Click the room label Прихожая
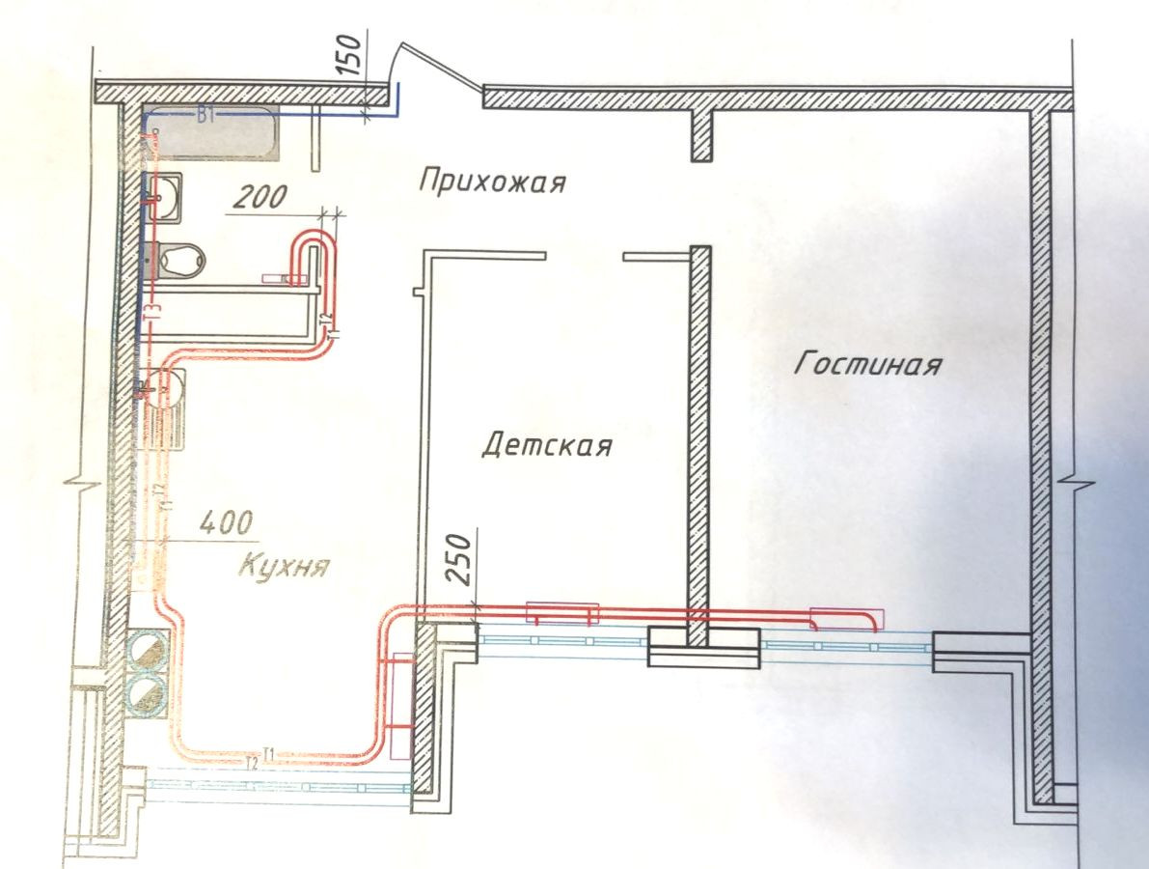tap(492, 181)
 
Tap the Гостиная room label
tap(867, 365)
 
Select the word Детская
tap(546, 446)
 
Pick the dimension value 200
tap(259, 198)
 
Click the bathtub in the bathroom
tap(216, 133)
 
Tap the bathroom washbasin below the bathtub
tap(168, 192)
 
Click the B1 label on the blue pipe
tap(205, 117)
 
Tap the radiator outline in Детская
tap(561, 612)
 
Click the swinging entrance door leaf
tap(439, 66)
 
